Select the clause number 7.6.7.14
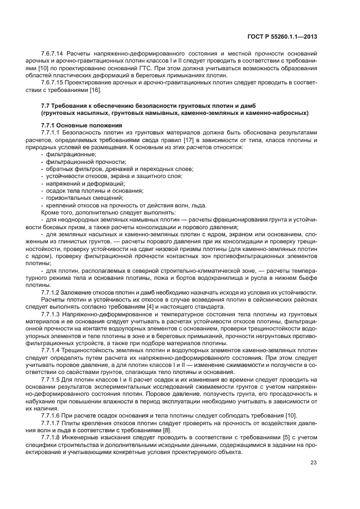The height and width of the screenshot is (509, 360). click(x=52, y=53)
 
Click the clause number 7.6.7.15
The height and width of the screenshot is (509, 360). click(x=52, y=82)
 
